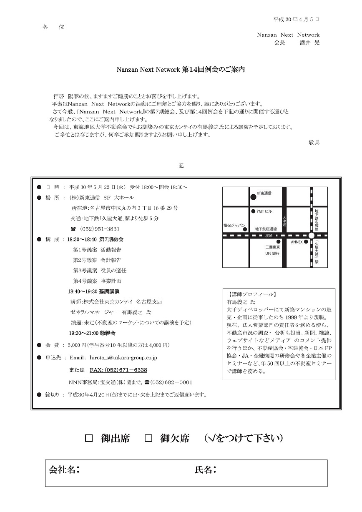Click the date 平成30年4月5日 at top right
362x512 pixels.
click(296, 20)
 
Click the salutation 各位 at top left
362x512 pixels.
click(53, 27)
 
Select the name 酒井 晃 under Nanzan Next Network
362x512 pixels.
click(309, 43)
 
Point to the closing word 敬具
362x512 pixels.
click(314, 143)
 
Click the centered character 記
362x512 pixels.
click(181, 166)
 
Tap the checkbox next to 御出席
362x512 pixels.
click(88, 439)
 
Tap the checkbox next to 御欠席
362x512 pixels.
click(148, 439)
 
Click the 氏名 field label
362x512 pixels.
click(205, 470)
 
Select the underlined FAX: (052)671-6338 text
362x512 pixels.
click(118, 370)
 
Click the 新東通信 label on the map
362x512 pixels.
click(264, 193)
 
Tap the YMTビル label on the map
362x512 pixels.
click(264, 211)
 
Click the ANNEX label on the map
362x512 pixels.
click(297, 242)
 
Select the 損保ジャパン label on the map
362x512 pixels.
click(235, 226)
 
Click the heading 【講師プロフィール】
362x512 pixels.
click(252, 294)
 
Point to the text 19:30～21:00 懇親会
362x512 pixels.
click(92, 334)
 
